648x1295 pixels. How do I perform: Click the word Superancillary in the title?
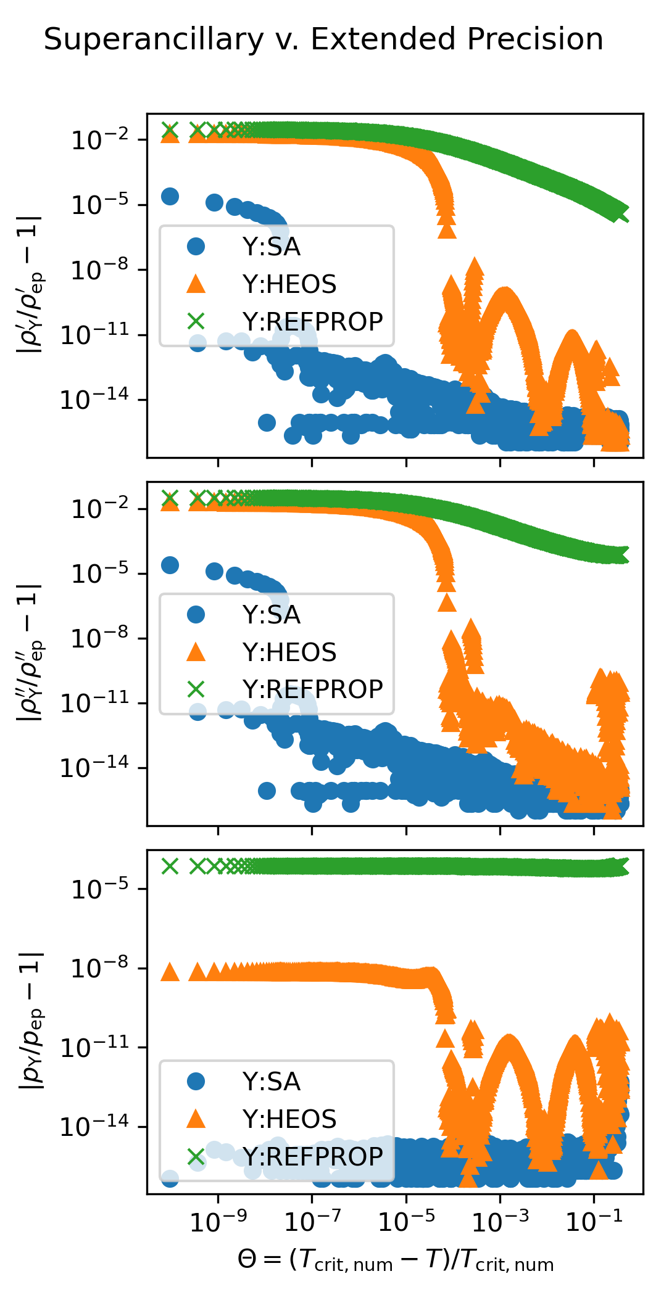click(x=154, y=40)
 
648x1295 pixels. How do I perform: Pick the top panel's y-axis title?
click(x=31, y=285)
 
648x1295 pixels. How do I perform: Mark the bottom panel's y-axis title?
click(x=31, y=1021)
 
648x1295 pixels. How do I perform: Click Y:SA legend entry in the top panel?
click(x=271, y=247)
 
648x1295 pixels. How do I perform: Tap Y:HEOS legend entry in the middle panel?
click(x=289, y=652)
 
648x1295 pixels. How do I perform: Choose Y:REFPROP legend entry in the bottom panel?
click(x=312, y=1156)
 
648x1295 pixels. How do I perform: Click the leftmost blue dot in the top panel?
click(x=170, y=197)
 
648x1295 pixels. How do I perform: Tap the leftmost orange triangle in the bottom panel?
click(x=170, y=973)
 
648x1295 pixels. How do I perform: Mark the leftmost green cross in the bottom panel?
click(x=170, y=866)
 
